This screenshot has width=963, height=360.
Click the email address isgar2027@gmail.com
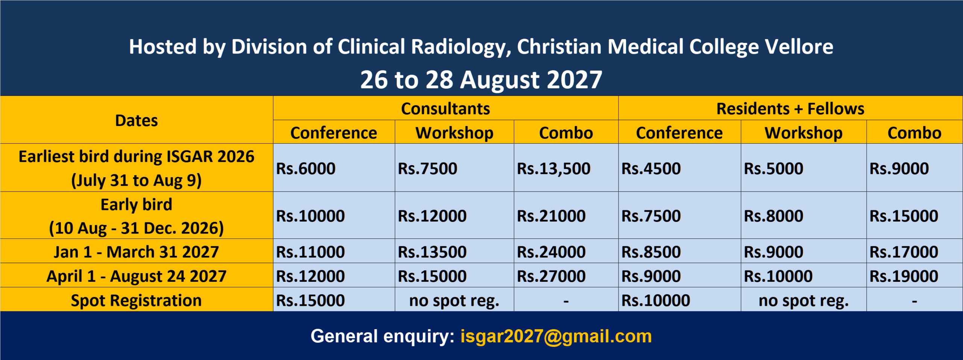click(556, 336)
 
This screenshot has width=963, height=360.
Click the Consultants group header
click(445, 108)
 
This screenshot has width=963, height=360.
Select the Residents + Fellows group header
click(790, 108)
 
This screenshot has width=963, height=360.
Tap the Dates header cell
click(137, 120)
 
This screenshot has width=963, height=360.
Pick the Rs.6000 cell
click(306, 168)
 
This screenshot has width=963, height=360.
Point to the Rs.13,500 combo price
click(554, 169)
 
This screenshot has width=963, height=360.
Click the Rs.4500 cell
click(651, 168)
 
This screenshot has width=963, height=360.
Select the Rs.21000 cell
click(551, 216)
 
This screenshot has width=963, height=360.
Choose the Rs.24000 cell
click(551, 252)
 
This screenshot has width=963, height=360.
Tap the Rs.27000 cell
click(551, 276)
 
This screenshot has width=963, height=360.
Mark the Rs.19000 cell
click(904, 276)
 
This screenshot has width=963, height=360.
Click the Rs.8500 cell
click(651, 252)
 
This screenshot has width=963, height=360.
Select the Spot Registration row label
click(137, 301)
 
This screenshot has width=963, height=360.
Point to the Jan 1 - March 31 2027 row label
click(137, 252)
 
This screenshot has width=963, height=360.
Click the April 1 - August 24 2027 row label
click(137, 276)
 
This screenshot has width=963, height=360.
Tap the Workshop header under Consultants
click(454, 133)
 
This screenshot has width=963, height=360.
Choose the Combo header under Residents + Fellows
click(914, 133)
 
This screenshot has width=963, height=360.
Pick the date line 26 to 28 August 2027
click(481, 79)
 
